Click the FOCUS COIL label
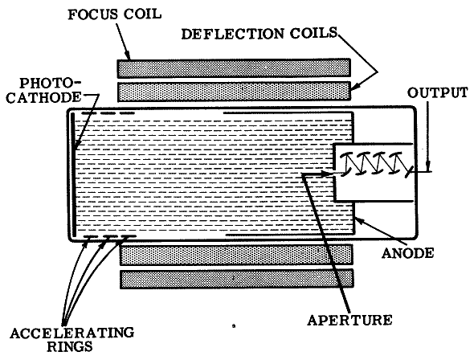click(114, 14)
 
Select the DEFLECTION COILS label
click(259, 33)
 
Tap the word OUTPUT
click(437, 92)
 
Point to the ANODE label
click(407, 252)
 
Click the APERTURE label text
click(349, 320)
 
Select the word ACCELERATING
click(72, 333)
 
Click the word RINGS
click(70, 346)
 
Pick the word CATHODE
click(44, 97)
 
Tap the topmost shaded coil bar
click(234, 68)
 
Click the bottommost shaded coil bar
click(237, 279)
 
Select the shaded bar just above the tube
click(234, 92)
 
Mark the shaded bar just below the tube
click(236, 255)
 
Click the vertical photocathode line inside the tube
click(73, 174)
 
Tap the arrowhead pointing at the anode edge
click(359, 219)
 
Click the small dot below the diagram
click(234, 325)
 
